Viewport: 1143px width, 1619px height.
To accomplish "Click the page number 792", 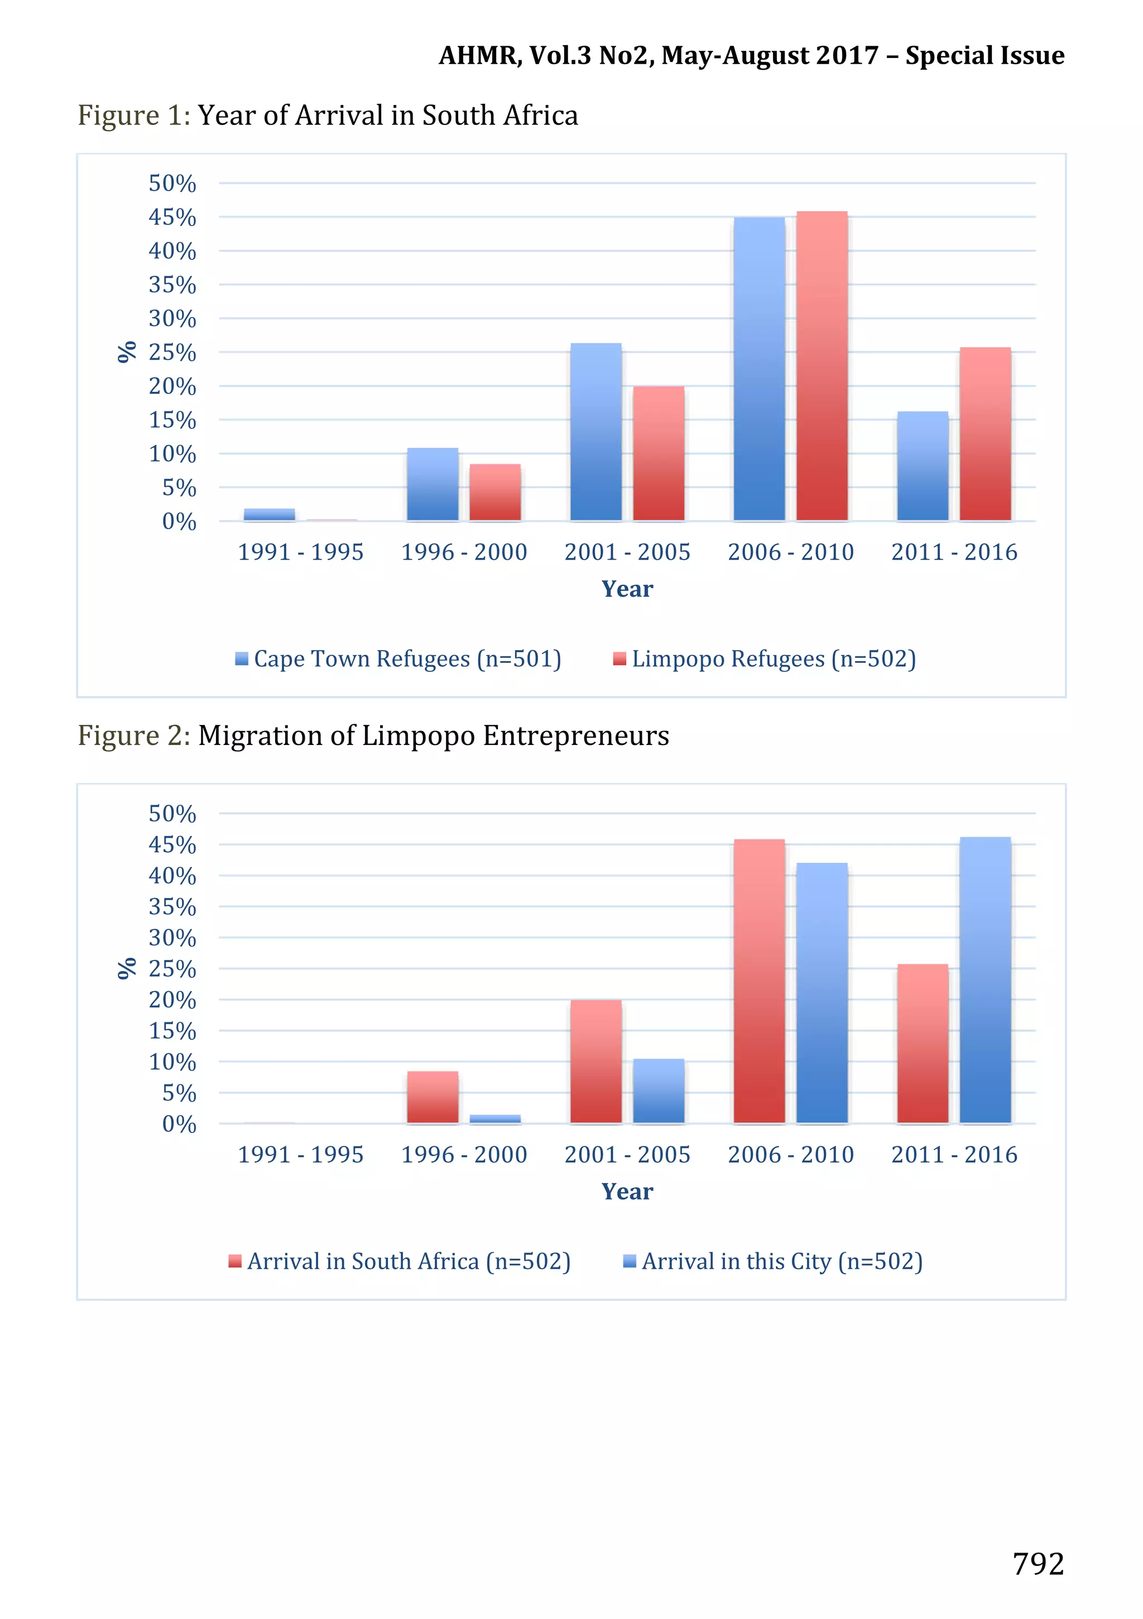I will click(1038, 1564).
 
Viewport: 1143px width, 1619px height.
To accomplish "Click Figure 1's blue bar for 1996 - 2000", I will click(432, 484).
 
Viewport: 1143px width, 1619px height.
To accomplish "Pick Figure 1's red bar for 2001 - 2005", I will click(658, 453).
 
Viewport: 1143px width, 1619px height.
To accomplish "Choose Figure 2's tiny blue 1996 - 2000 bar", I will click(495, 1118).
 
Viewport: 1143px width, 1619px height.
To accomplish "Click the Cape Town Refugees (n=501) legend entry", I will click(398, 659).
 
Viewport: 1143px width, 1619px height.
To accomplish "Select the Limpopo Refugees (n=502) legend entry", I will click(765, 659).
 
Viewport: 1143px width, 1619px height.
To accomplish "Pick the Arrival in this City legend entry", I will click(773, 1261).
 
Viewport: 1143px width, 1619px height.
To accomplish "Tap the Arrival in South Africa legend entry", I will click(400, 1261).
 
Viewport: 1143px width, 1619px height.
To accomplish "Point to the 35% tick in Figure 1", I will click(172, 285).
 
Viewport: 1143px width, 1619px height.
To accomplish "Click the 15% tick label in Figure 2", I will click(172, 1031).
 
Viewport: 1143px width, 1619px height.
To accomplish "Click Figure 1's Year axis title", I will click(627, 589).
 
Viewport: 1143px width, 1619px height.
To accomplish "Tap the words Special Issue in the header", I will click(984, 55).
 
